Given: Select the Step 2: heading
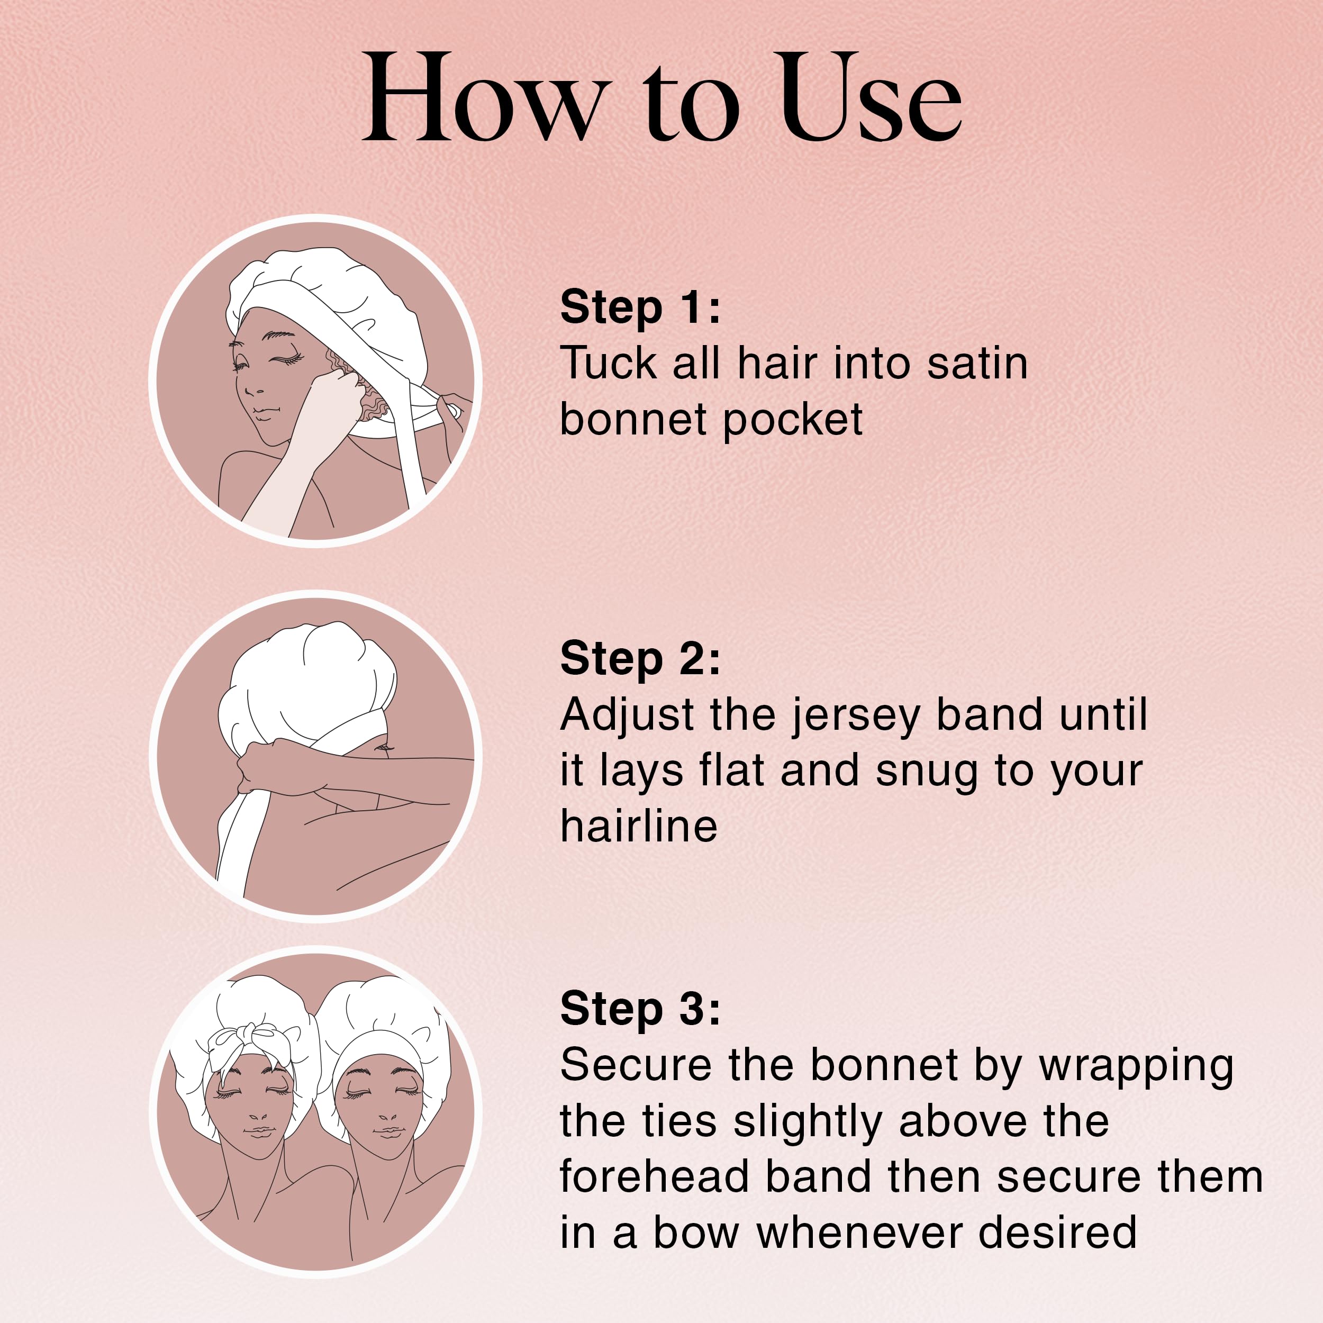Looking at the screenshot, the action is coord(640,659).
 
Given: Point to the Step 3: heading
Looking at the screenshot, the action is coord(640,1009).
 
